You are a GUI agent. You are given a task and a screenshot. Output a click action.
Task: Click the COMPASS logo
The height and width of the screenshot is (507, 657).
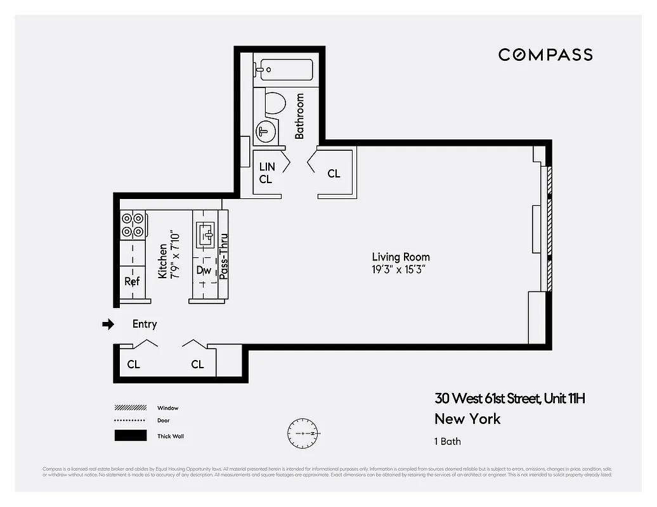545,55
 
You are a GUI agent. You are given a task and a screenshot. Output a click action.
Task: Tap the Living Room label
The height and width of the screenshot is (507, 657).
401,257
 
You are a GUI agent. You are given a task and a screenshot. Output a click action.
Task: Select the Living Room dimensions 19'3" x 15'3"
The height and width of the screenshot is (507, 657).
398,269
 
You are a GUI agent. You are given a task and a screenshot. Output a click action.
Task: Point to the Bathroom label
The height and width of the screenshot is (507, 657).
299,116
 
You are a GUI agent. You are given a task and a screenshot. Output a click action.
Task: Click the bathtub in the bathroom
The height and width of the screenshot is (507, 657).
283,70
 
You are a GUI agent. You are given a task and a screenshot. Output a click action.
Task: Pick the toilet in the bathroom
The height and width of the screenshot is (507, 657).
274,104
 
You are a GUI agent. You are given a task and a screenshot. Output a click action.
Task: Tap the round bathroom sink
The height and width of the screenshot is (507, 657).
265,132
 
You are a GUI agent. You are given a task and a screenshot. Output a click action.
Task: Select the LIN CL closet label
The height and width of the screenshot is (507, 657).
267,173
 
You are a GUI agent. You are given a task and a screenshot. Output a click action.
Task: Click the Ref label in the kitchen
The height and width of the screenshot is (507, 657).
132,281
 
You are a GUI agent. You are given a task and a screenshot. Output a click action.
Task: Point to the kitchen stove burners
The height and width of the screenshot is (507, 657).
133,224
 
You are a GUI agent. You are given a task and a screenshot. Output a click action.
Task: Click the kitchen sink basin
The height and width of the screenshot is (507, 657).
205,233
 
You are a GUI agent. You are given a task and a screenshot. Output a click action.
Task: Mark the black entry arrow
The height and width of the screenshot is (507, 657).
108,324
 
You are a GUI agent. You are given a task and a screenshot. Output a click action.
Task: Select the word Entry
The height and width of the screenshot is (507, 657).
145,324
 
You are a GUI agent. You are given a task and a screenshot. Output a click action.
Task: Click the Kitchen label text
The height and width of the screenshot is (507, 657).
163,260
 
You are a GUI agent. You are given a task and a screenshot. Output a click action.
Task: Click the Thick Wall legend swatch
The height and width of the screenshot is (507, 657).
130,436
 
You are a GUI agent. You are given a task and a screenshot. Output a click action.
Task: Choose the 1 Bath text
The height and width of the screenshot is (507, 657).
447,441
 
